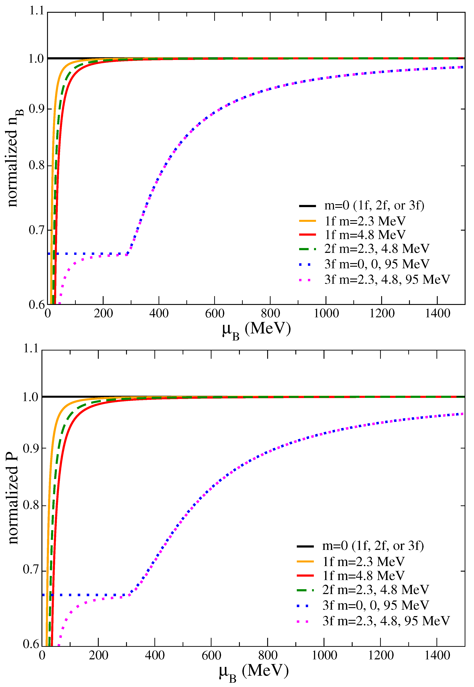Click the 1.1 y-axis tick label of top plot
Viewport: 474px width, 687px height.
pyautogui.click(x=36, y=11)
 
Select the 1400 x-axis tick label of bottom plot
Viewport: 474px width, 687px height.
pyautogui.click(x=437, y=655)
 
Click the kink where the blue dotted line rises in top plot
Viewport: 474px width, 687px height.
pyautogui.click(x=128, y=254)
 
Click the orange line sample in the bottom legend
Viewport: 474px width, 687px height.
pyautogui.click(x=305, y=561)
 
